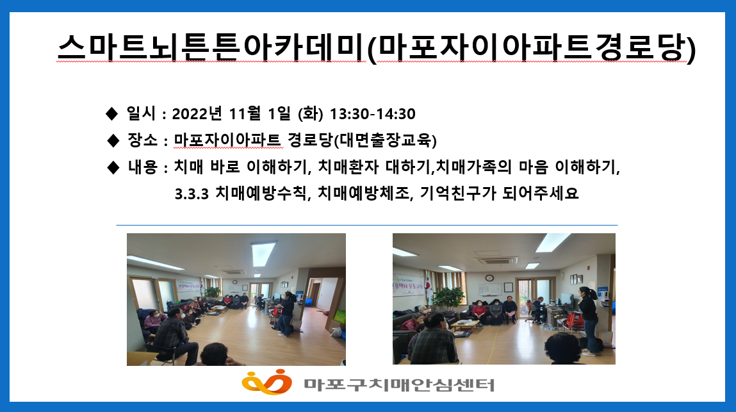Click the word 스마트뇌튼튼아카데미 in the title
coord(211,47)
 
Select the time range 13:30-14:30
coord(372,113)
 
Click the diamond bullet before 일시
coord(111,113)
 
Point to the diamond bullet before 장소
coord(113,140)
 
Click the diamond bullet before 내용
coord(113,167)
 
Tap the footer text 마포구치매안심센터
coord(399,384)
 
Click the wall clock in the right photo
coord(489,277)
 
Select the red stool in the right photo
coord(576,322)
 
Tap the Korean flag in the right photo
coord(429,289)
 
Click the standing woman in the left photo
coord(286,313)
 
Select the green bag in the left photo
coord(340,317)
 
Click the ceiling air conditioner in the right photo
coord(496,260)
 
